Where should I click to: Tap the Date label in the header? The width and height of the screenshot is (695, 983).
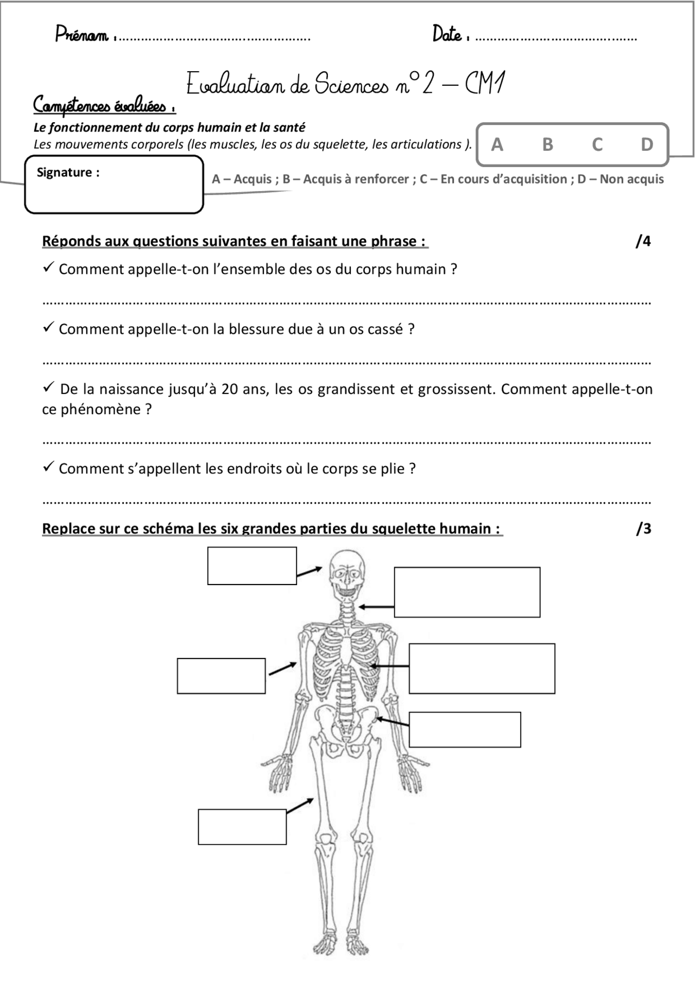(x=447, y=35)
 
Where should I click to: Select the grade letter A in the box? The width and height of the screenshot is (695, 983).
(x=497, y=144)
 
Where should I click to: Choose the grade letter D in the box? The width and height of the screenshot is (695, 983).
(x=647, y=144)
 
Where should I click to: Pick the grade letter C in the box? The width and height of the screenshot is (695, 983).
(x=597, y=144)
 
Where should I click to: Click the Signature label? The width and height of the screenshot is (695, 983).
(x=68, y=173)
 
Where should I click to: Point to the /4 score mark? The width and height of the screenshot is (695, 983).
(x=643, y=241)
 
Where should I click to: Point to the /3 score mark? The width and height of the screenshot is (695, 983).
(x=643, y=528)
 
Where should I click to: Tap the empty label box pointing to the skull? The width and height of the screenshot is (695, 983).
(x=252, y=566)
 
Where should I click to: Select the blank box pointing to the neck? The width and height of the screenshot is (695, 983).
(x=467, y=592)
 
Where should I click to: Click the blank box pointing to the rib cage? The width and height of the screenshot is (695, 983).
(x=482, y=668)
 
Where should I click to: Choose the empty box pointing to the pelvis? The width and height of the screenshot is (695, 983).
(x=465, y=730)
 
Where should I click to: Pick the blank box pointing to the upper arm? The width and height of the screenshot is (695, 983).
(x=221, y=676)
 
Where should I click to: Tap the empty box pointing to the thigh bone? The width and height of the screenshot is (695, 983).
(x=242, y=827)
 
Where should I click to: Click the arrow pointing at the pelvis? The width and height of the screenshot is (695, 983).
(x=393, y=722)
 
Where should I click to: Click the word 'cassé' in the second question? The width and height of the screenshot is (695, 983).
(x=384, y=329)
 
